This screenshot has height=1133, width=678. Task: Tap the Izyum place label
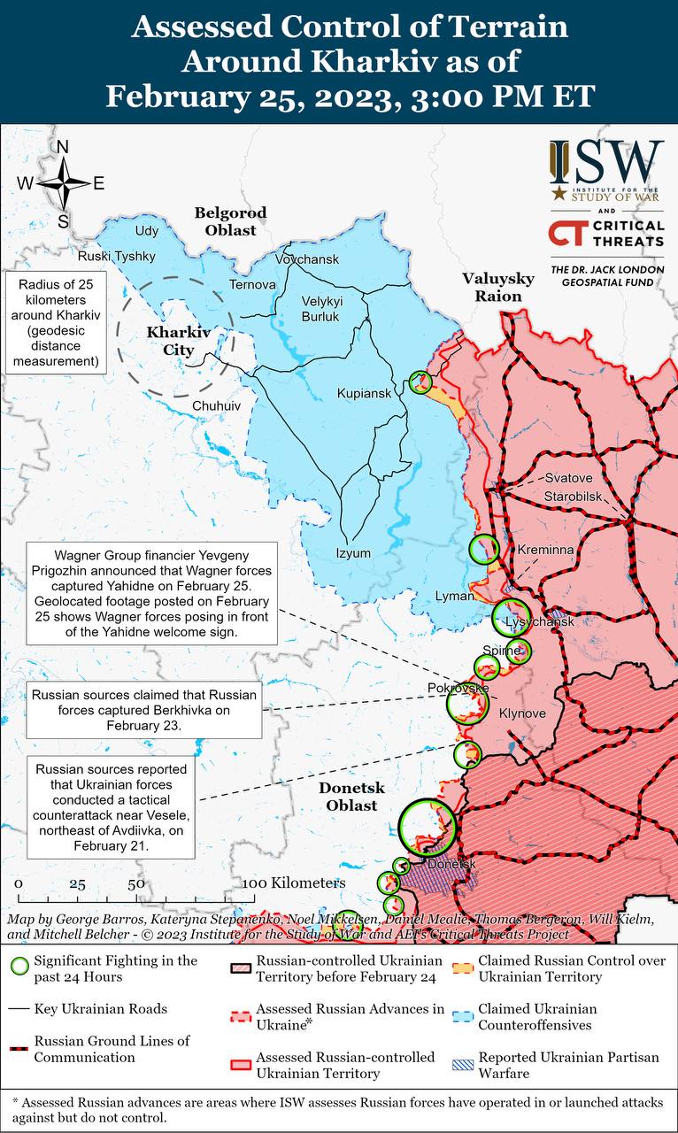[353, 553]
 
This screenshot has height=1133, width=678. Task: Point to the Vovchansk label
[306, 258]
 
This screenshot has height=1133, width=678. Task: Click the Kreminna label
[546, 550]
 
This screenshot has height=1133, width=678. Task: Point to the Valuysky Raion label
[498, 287]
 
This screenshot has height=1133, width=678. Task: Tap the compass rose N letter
[63, 148]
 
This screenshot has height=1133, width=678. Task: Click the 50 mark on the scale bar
[135, 884]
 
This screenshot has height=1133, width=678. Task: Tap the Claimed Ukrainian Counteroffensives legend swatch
[462, 1016]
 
